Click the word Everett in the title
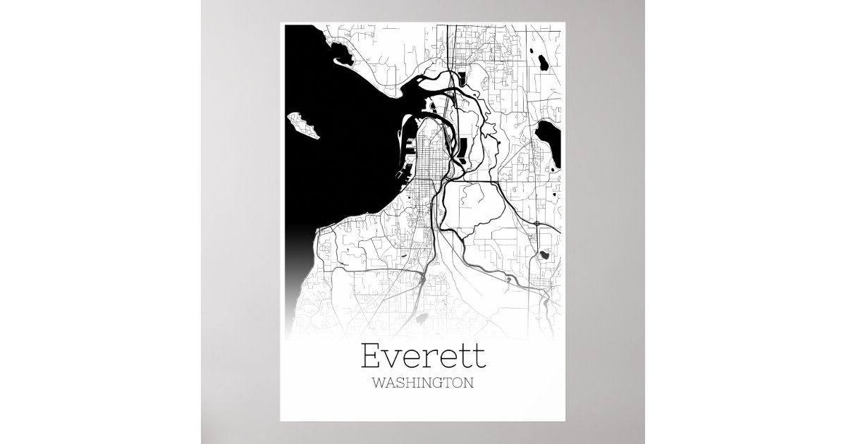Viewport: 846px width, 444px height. [423, 356]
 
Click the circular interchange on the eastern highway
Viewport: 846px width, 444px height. [537, 223]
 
